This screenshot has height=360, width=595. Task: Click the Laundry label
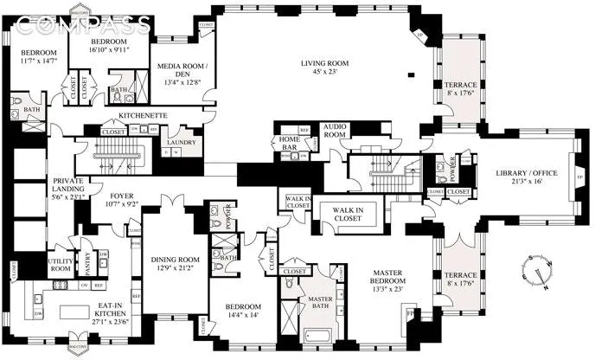click(x=182, y=142)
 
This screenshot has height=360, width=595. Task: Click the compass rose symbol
click(x=539, y=273)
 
